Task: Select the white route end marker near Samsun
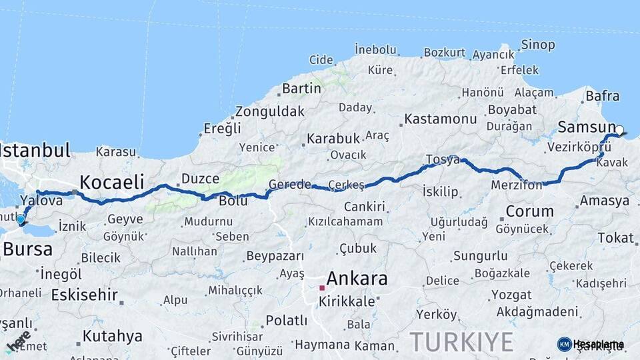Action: pyautogui.click(x=620, y=131)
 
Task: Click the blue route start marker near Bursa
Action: pyautogui.click(x=21, y=219)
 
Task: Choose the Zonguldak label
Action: pyautogui.click(x=269, y=111)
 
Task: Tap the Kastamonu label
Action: pyautogui.click(x=441, y=119)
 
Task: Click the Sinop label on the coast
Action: pyautogui.click(x=537, y=45)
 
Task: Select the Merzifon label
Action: pyautogui.click(x=516, y=185)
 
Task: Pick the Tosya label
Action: pyautogui.click(x=443, y=160)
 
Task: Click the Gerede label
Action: pyautogui.click(x=289, y=185)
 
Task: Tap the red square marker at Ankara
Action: pyautogui.click(x=322, y=288)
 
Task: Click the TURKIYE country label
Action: pyautogui.click(x=461, y=341)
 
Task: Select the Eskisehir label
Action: pyautogui.click(x=85, y=294)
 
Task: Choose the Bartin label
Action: pyautogui.click(x=301, y=88)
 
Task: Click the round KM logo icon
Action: pyautogui.click(x=564, y=344)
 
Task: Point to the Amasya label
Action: pyautogui.click(x=604, y=201)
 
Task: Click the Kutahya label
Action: pyautogui.click(x=112, y=335)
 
